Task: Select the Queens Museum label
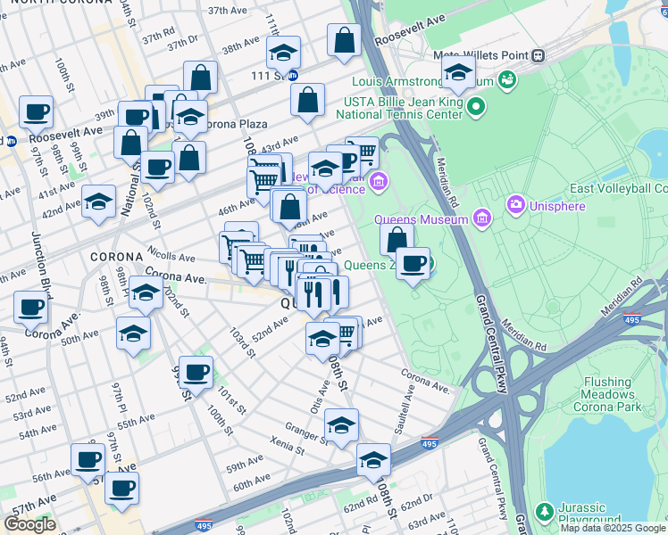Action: tap(420, 219)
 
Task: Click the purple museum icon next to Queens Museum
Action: tap(481, 218)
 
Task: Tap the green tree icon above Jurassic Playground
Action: tap(544, 511)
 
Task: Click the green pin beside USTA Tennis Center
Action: tap(476, 109)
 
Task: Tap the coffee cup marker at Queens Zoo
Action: tap(412, 264)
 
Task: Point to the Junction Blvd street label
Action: tap(41, 259)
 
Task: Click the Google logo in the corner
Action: tap(29, 524)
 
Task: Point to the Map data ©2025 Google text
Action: tap(613, 528)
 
